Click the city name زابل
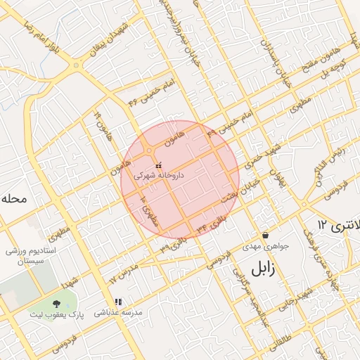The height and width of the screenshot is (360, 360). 261,268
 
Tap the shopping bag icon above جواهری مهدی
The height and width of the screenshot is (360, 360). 265,235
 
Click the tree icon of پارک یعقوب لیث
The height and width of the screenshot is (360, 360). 56,304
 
